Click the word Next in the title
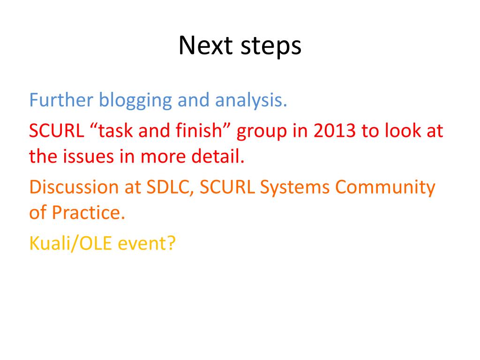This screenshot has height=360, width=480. click(x=206, y=45)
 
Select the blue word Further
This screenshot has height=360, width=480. click(x=61, y=100)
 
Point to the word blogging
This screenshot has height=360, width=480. click(x=135, y=101)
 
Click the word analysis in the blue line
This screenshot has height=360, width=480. click(x=251, y=101)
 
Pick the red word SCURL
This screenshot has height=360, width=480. click(x=57, y=131)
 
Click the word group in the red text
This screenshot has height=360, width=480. click(x=262, y=132)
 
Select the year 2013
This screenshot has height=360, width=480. click(x=335, y=131)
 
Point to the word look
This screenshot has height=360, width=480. click(x=403, y=130)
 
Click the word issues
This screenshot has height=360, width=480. click(x=89, y=157)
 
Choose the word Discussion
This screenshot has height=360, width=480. click(x=74, y=187)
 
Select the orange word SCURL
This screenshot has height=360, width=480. click(x=227, y=187)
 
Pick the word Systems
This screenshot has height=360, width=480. click(x=295, y=188)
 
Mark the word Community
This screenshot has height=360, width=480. click(x=385, y=188)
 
